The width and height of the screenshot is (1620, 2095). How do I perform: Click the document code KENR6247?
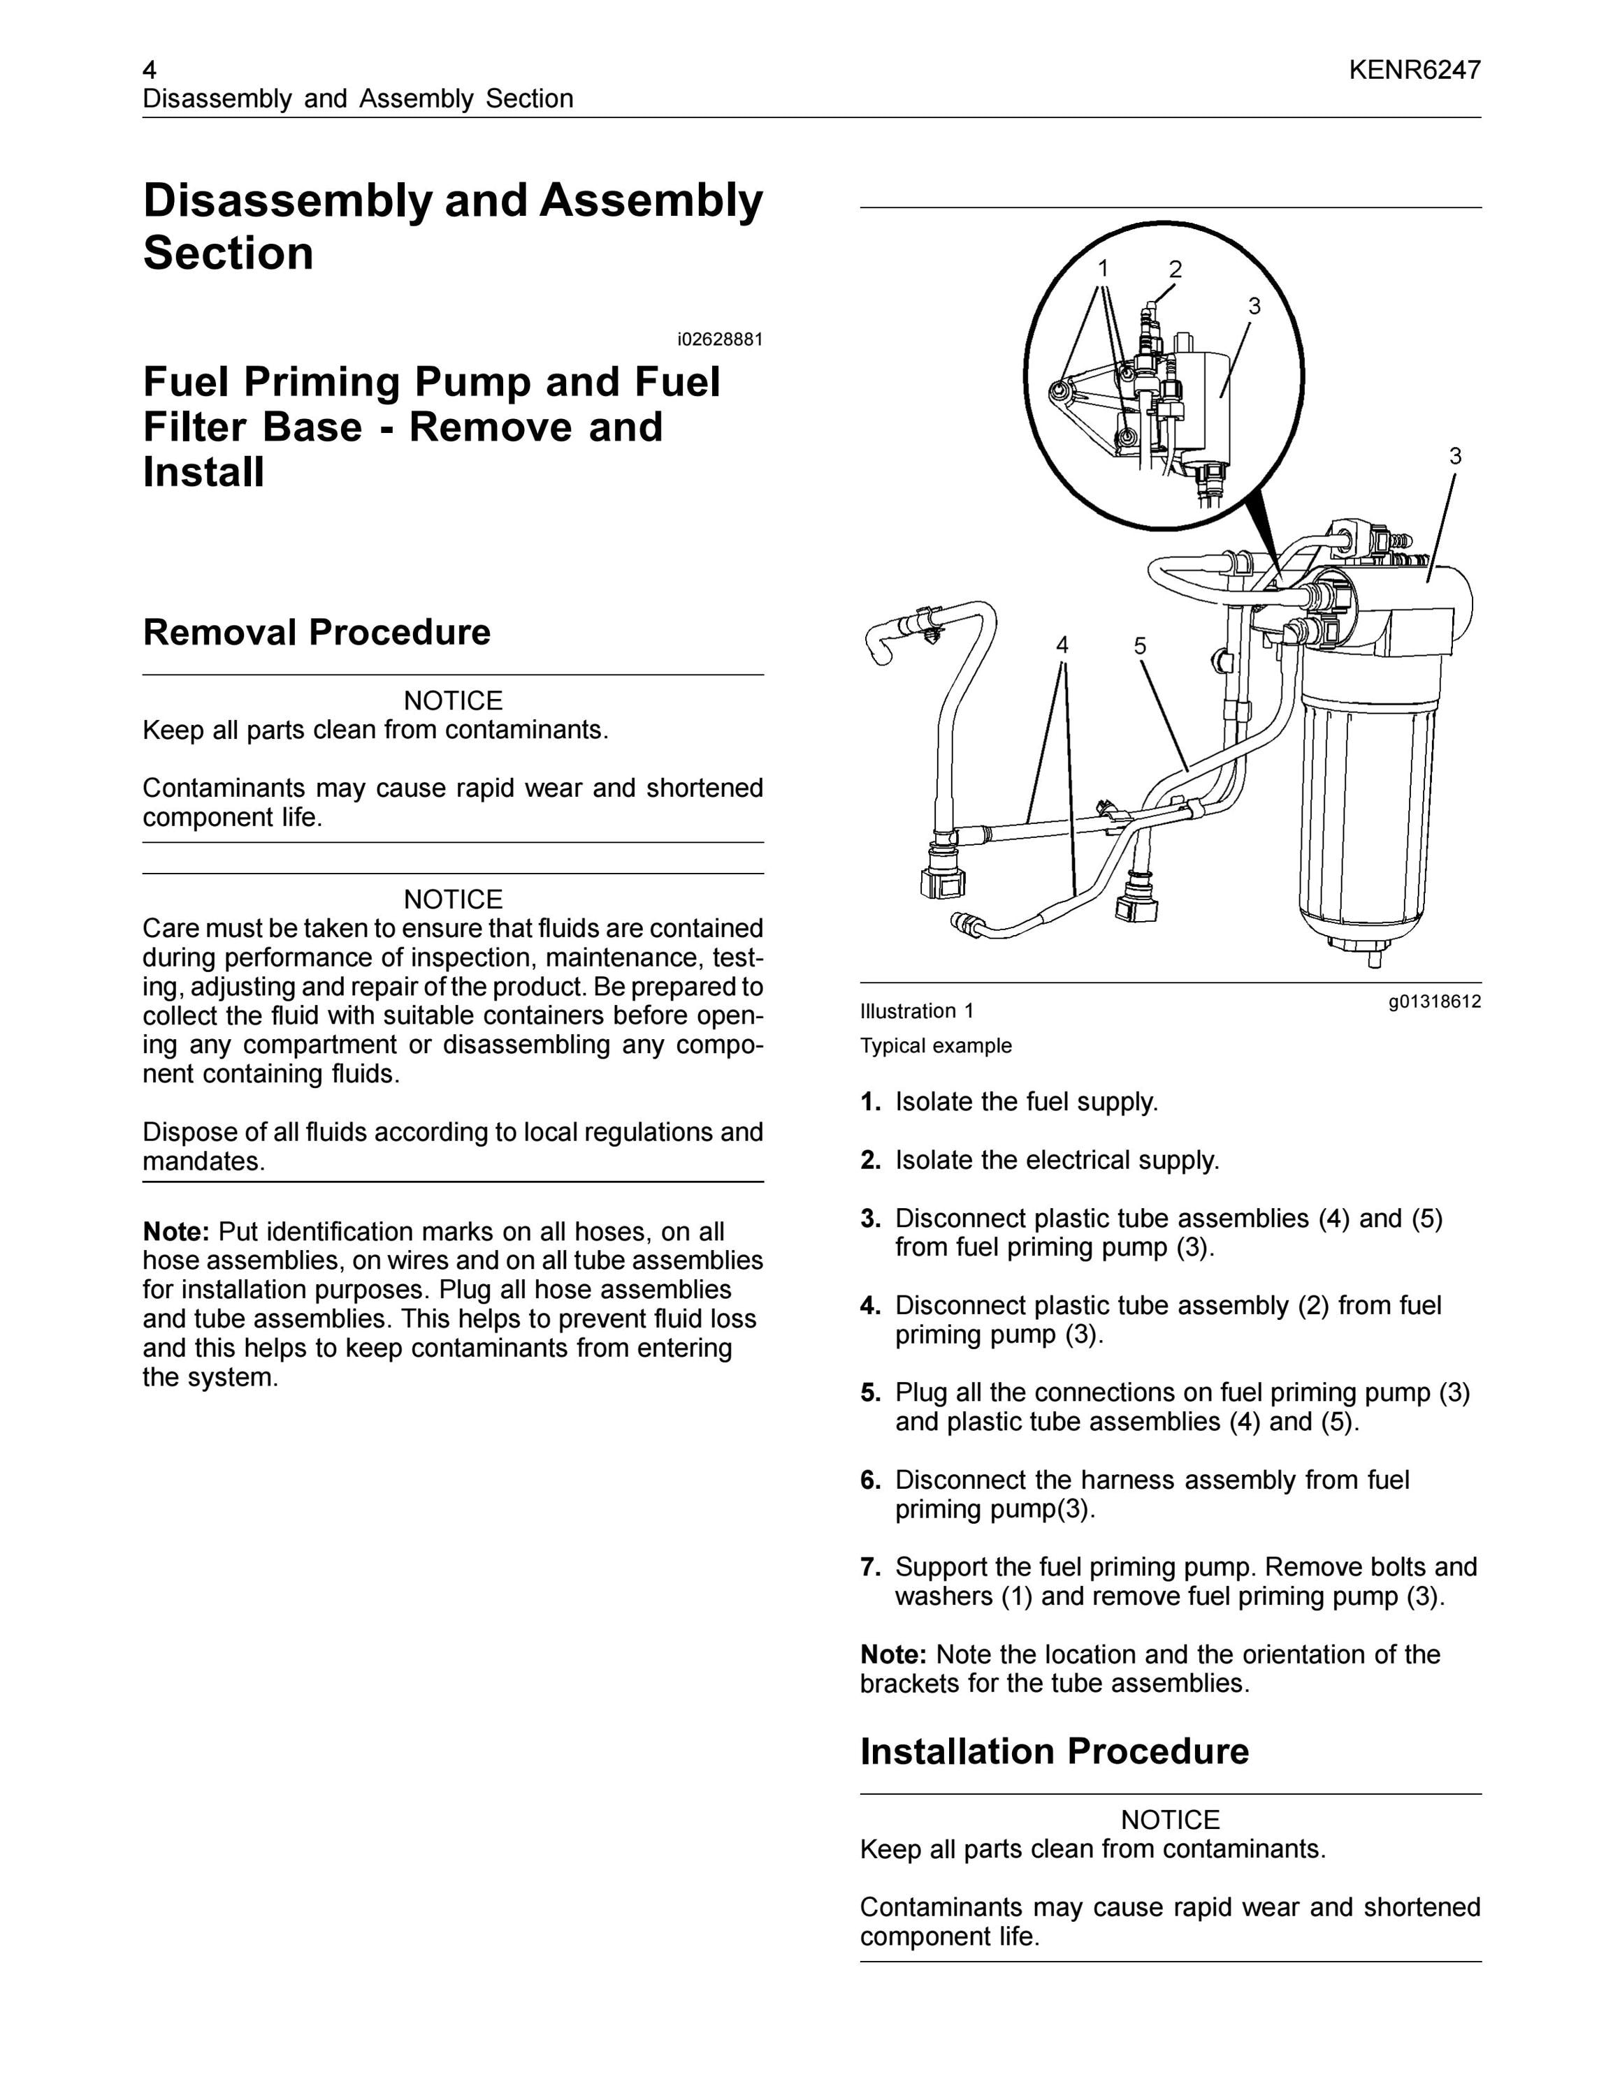tap(1414, 70)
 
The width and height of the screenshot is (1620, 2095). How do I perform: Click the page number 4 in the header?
tap(150, 70)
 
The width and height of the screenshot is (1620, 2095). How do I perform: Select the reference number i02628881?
tap(720, 339)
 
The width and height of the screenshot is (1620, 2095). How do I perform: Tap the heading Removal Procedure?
tap(317, 632)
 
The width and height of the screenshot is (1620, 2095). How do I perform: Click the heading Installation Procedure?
tap(1055, 1751)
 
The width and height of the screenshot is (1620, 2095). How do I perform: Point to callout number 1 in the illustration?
tap(1104, 269)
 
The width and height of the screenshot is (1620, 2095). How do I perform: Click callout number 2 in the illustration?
tap(1175, 270)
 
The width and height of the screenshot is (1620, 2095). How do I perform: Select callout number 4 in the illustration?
tap(1062, 645)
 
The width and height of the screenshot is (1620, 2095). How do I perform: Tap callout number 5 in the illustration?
tap(1139, 645)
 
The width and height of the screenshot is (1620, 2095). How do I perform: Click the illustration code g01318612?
tap(1435, 1002)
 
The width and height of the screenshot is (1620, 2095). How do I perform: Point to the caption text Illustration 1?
tap(916, 1011)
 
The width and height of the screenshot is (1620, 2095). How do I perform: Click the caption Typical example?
tap(936, 1045)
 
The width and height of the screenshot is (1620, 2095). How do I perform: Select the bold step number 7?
tap(869, 1568)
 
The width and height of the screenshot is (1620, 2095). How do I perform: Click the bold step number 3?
tap(869, 1219)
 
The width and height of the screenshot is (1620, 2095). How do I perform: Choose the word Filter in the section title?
tap(190, 428)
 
